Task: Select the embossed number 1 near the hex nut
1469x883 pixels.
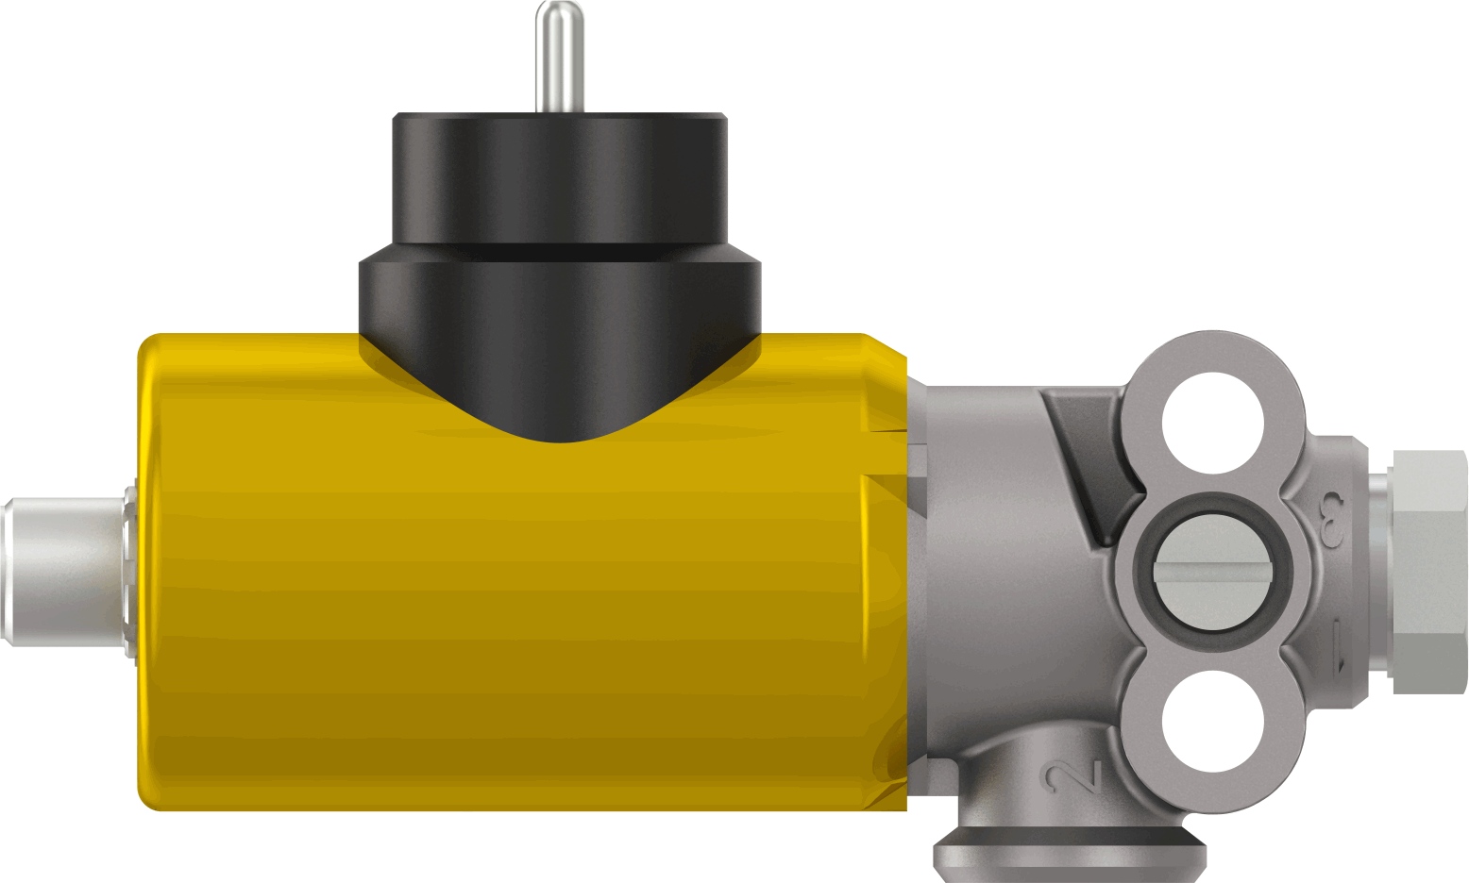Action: click(1339, 644)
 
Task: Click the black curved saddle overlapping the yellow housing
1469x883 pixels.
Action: click(560, 396)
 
